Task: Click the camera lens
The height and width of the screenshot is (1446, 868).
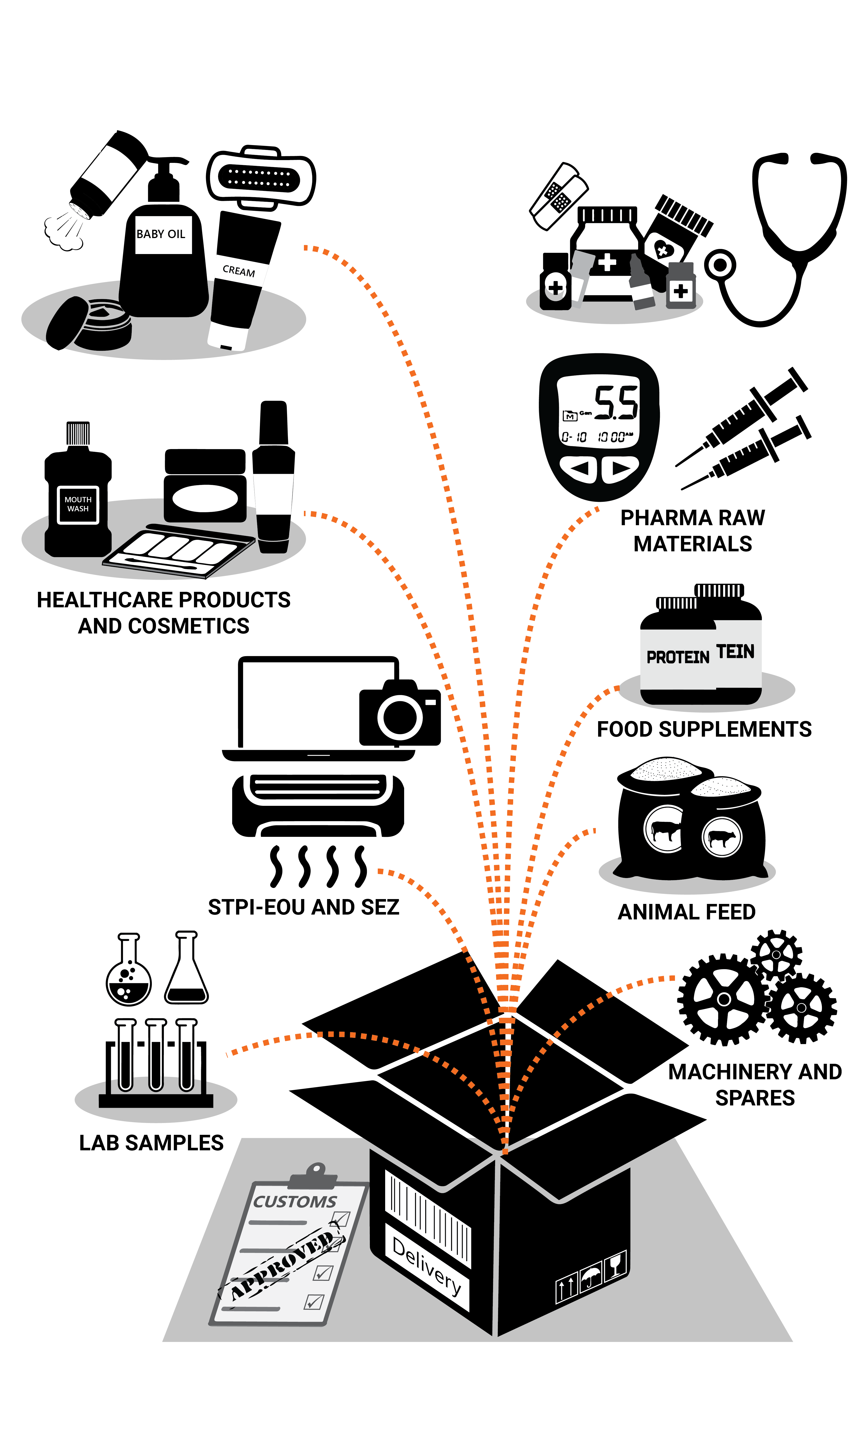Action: [x=400, y=717]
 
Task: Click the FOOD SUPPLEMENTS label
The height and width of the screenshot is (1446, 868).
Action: [x=704, y=729]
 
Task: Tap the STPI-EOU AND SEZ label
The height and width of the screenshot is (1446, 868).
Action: [x=303, y=907]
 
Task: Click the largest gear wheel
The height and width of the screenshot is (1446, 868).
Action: [x=724, y=999]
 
